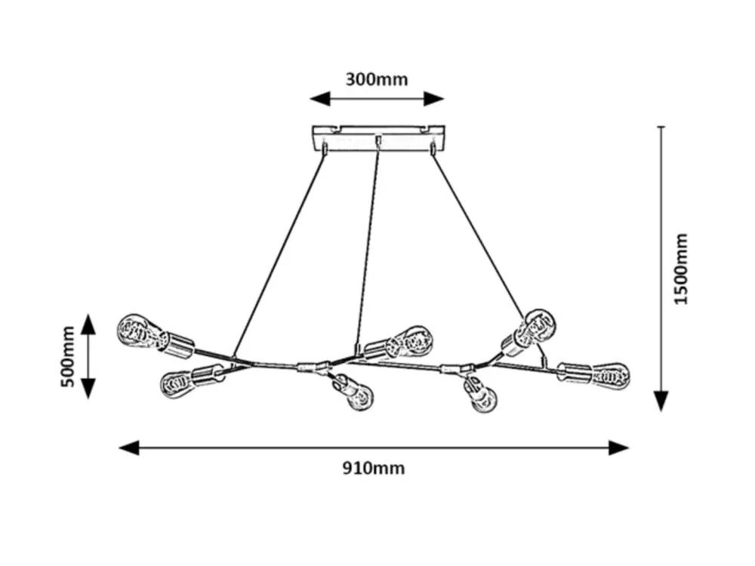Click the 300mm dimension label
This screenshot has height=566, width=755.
pyautogui.click(x=377, y=79)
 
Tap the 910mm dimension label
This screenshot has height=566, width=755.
pyautogui.click(x=374, y=468)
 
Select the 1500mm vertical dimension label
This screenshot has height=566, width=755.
pyautogui.click(x=681, y=269)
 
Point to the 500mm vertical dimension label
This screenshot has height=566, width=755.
pyautogui.click(x=68, y=357)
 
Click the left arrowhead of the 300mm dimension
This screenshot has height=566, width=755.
pyautogui.click(x=319, y=99)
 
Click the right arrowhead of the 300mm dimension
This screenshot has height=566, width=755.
pyautogui.click(x=434, y=99)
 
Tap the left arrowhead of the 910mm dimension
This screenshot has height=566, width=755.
pyautogui.click(x=129, y=448)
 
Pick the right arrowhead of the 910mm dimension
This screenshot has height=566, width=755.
pyautogui.click(x=619, y=448)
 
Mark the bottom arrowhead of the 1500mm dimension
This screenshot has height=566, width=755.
pyautogui.click(x=661, y=401)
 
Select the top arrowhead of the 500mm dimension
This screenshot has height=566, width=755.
pyautogui.click(x=88, y=324)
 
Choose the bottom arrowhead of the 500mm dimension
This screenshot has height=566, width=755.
pyautogui.click(x=88, y=389)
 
